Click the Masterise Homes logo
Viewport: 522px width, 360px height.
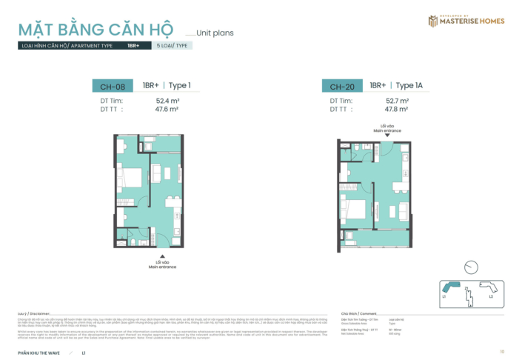click(x=466, y=20)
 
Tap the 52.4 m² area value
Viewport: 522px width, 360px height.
click(x=168, y=100)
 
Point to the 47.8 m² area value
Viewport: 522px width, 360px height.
click(x=398, y=108)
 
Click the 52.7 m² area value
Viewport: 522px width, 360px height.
click(x=398, y=100)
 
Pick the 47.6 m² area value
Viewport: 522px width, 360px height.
click(x=168, y=108)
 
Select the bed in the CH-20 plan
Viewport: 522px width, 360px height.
click(x=354, y=210)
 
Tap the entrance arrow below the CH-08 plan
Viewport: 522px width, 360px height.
click(x=162, y=256)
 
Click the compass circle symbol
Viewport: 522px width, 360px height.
click(x=469, y=267)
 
